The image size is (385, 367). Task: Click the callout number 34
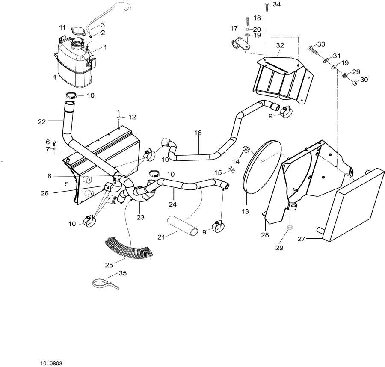(277, 4)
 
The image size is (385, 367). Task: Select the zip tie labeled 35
(103, 283)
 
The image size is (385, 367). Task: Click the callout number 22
(41, 122)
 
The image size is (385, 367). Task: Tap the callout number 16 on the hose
(198, 133)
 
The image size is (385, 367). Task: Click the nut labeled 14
(246, 149)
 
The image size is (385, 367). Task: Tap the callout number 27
(301, 239)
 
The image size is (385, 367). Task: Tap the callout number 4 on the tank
(54, 77)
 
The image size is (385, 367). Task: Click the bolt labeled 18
(247, 20)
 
